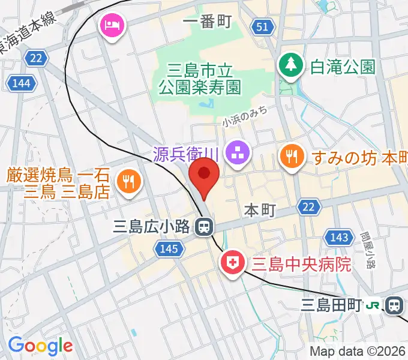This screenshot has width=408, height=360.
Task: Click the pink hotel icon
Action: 112,26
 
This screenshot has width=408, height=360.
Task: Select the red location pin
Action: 204,175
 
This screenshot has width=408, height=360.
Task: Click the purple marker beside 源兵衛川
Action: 237,154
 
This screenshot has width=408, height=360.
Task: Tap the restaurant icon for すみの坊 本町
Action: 292,157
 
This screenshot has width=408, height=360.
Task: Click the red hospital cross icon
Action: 230,263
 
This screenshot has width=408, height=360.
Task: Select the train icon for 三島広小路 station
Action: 205,227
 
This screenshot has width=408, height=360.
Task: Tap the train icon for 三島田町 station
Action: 394,306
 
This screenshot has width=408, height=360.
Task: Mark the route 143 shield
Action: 339,238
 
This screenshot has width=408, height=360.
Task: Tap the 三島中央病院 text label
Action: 301,263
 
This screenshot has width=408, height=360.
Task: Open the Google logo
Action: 40,346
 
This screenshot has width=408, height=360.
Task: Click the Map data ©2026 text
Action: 358,352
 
